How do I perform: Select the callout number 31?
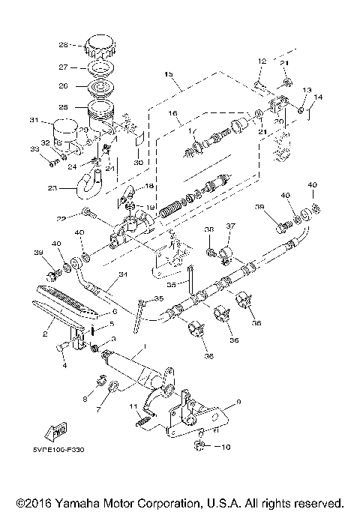click(x=33, y=120)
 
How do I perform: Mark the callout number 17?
click(x=192, y=133)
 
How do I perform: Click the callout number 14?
click(x=319, y=97)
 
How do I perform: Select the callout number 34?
click(x=122, y=275)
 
